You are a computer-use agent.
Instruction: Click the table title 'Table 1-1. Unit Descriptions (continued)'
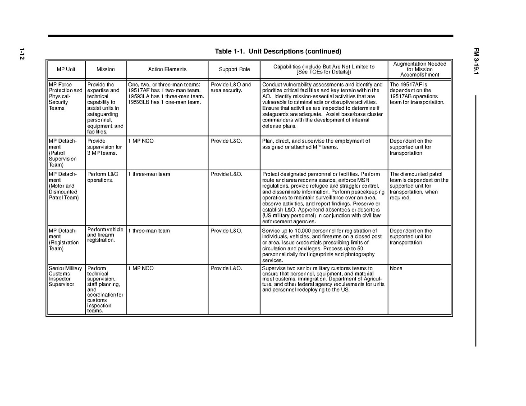[x=278, y=51]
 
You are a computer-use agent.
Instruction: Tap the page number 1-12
[x=21, y=54]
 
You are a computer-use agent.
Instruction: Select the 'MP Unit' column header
[x=66, y=69]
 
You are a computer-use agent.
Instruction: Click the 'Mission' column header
[x=105, y=69]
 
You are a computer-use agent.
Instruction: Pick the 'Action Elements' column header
[x=167, y=69]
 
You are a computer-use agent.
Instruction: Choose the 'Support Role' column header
[x=234, y=69]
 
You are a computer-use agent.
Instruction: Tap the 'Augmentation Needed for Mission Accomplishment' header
[x=420, y=69]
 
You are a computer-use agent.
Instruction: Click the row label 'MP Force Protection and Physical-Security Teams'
[x=65, y=96]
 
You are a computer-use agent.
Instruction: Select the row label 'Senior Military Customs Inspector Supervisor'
[x=65, y=276]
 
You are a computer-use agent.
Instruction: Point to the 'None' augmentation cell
[x=396, y=268]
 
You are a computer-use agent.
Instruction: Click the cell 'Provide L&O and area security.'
[x=231, y=87]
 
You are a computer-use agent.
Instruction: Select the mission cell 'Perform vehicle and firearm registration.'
[x=105, y=235]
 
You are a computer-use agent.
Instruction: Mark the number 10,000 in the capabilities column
[x=306, y=231]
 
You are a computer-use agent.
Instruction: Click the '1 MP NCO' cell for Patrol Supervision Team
[x=141, y=141]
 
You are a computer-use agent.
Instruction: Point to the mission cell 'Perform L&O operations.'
[x=103, y=177]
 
